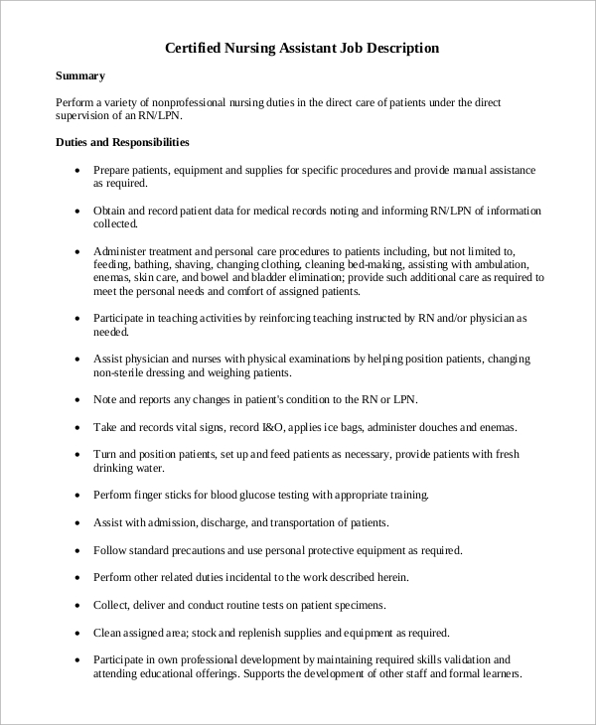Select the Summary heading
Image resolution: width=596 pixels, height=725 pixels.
pyautogui.click(x=80, y=75)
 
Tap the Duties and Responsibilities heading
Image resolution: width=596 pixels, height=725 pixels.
pyautogui.click(x=122, y=143)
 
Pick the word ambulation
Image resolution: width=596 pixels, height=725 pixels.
pyautogui.click(x=507, y=265)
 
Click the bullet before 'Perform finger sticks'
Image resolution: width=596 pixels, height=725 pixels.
pyautogui.click(x=78, y=495)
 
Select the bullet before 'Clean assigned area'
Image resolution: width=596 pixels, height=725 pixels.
pyautogui.click(x=78, y=632)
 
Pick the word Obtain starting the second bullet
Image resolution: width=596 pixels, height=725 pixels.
pyautogui.click(x=110, y=211)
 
